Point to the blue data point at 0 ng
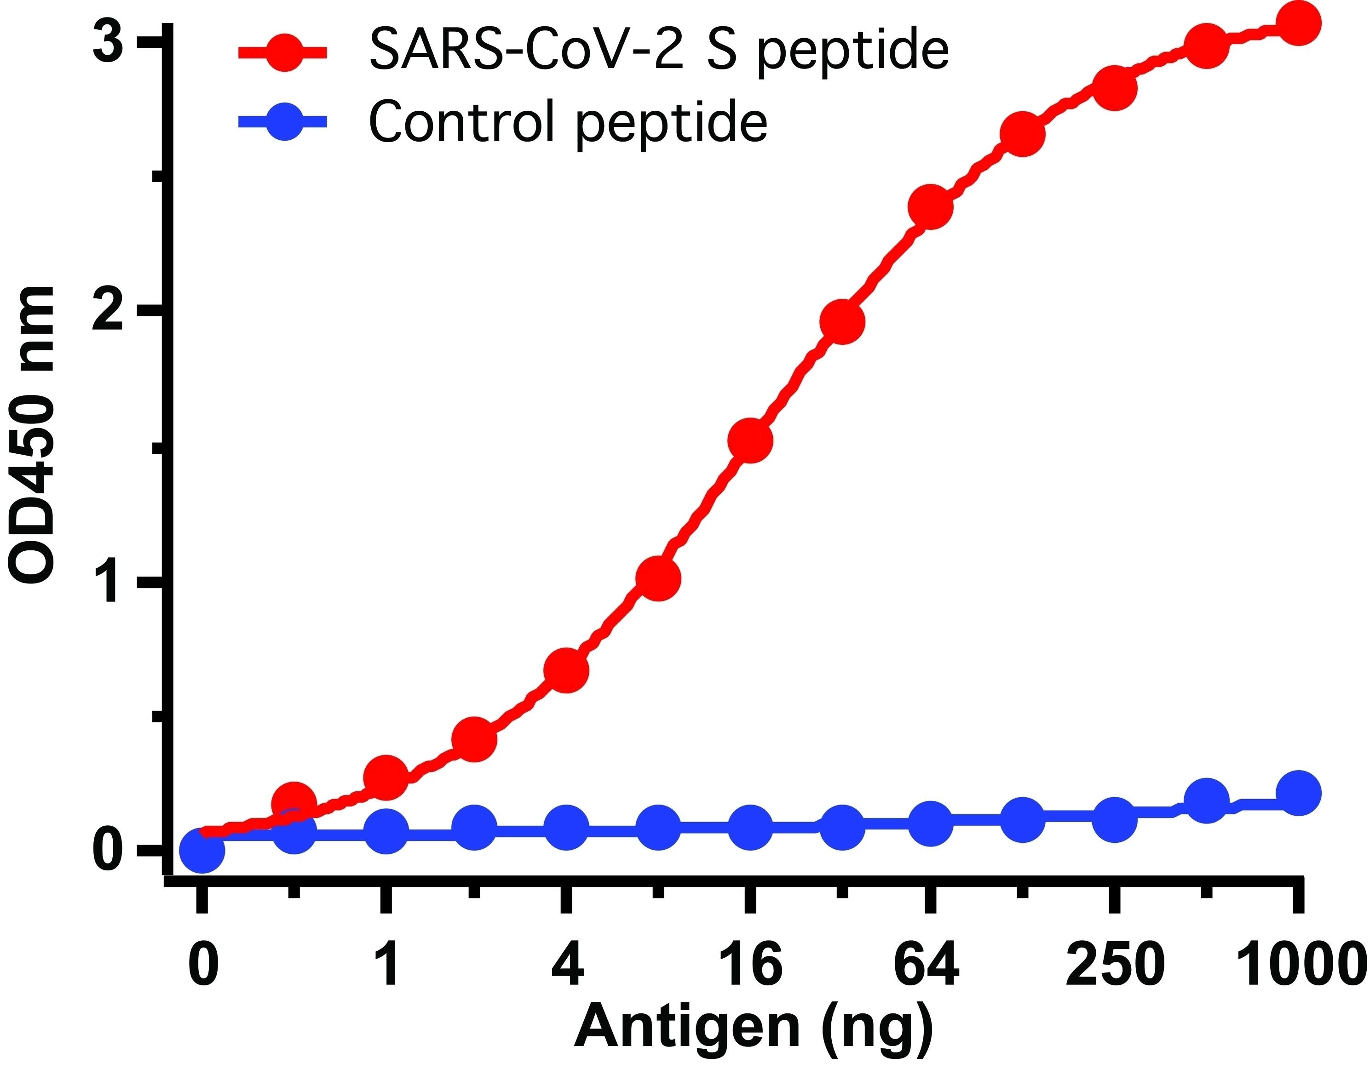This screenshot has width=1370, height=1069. tap(202, 851)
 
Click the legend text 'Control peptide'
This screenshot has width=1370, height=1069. tap(568, 122)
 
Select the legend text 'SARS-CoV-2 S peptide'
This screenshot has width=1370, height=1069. tap(659, 51)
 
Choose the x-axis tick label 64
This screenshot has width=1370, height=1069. tap(927, 965)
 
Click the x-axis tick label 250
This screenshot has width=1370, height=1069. tap(1115, 965)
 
